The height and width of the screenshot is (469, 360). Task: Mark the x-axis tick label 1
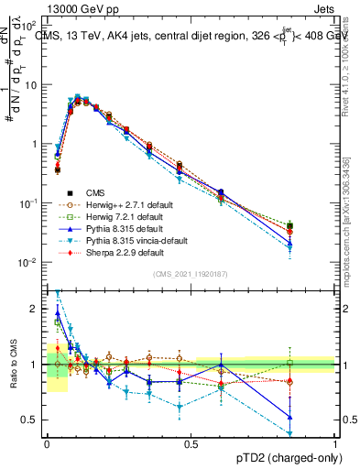pos(335,442)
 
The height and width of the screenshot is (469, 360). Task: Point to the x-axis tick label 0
pos(47,442)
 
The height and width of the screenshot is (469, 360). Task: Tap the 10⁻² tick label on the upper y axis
pos(31,263)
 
